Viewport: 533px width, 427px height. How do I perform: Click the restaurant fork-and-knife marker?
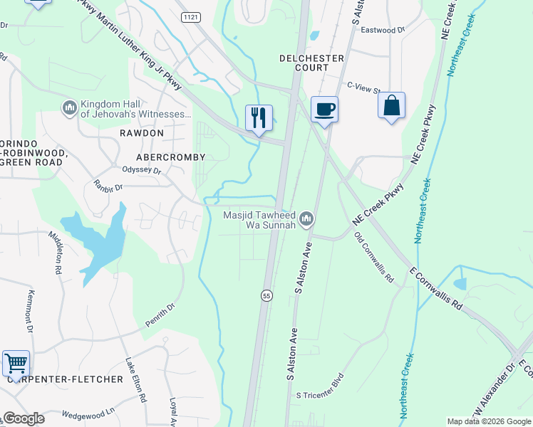(259, 117)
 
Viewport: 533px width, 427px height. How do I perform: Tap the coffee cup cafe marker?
(324, 110)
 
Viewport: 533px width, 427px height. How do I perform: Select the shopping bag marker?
(391, 106)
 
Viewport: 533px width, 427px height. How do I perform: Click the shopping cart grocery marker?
(15, 363)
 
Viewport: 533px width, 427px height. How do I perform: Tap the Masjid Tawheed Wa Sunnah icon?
(306, 218)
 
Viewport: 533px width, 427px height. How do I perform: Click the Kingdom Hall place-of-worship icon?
(70, 107)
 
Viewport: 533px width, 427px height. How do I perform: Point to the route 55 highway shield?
(266, 295)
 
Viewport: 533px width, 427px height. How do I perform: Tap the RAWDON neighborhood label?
(142, 133)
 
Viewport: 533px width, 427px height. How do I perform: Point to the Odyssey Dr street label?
(143, 171)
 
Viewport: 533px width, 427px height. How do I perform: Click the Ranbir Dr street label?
(108, 187)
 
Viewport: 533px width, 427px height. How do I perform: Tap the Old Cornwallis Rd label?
(374, 256)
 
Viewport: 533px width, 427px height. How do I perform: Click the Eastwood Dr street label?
(383, 31)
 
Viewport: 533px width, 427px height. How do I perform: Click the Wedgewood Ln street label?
(88, 412)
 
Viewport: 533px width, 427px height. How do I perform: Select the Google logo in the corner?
(24, 418)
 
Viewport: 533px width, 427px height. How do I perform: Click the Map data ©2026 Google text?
(487, 421)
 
